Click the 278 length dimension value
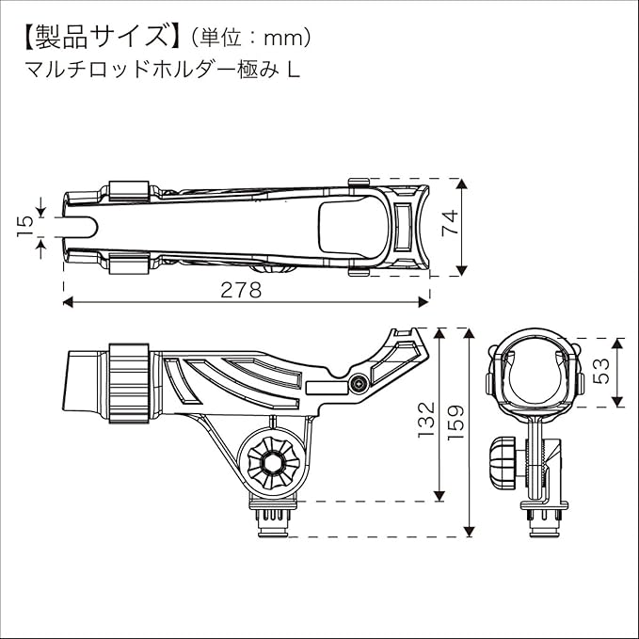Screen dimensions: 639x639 click(x=241, y=290)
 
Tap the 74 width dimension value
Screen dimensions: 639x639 click(x=451, y=224)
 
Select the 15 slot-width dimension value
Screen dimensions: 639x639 click(x=25, y=223)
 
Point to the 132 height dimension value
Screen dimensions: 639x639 click(x=426, y=419)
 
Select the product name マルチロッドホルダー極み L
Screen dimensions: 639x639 click(x=158, y=71)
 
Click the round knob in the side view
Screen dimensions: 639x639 click(x=273, y=460)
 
